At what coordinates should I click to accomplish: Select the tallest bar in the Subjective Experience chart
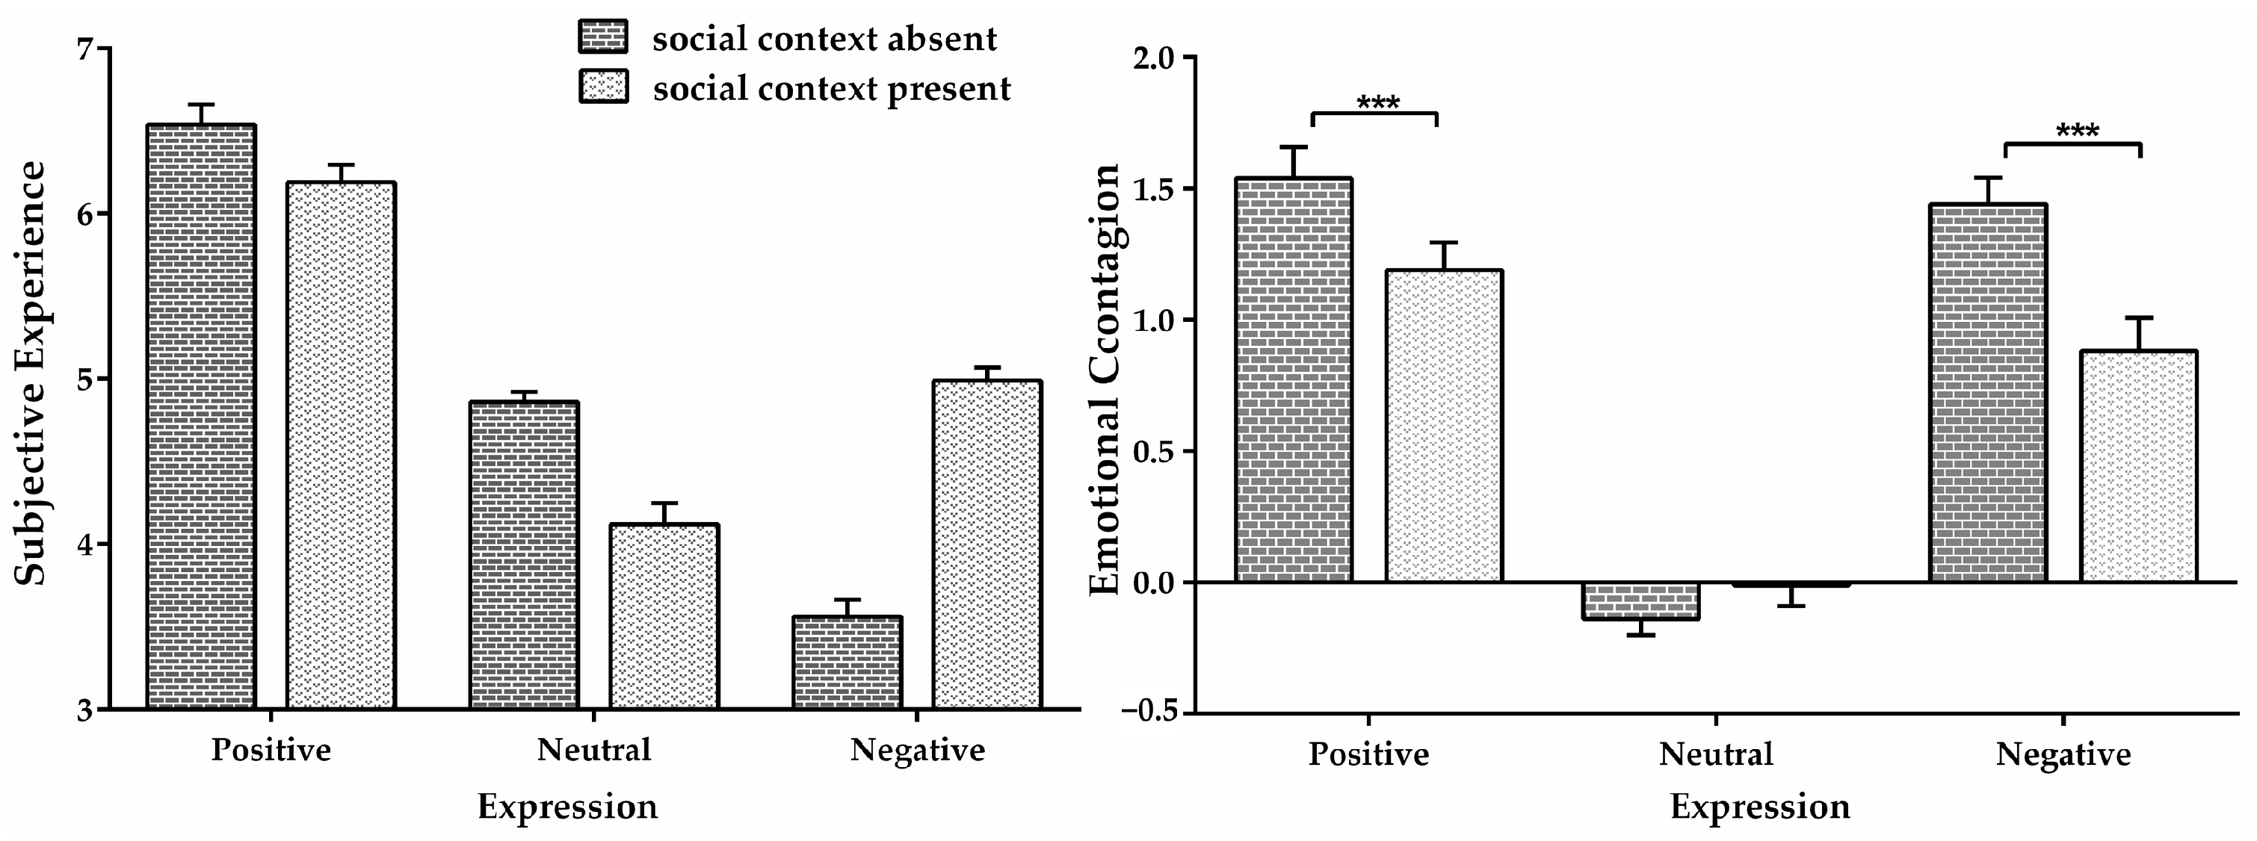click(x=200, y=416)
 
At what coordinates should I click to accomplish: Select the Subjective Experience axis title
click(x=31, y=372)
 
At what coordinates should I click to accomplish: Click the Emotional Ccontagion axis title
click(x=1104, y=379)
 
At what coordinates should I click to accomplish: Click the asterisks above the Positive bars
click(x=1377, y=103)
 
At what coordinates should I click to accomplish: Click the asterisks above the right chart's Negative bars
click(x=2076, y=132)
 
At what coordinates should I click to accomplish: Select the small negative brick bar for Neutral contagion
click(x=1641, y=601)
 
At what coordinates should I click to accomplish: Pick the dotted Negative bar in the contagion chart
click(x=2138, y=466)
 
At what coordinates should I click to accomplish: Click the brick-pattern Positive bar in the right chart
click(x=1293, y=379)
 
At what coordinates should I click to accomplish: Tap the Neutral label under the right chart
click(x=1714, y=754)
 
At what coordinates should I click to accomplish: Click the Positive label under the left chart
click(x=271, y=750)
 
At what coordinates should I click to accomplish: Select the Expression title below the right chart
click(x=1759, y=806)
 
